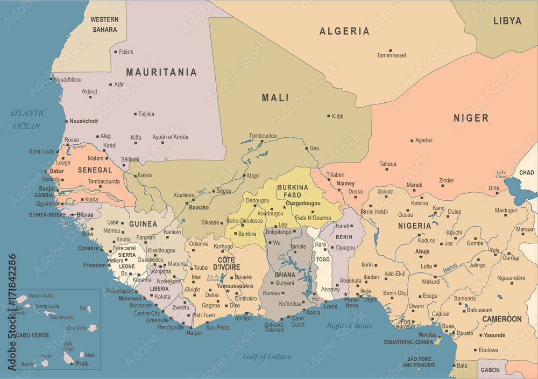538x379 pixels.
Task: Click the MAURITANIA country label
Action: (161, 72)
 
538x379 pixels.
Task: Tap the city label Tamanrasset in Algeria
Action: (391, 55)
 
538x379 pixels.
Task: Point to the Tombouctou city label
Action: (263, 136)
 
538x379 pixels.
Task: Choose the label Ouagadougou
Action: (303, 203)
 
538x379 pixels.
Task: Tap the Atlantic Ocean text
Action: (27, 120)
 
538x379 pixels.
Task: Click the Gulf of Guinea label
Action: (267, 356)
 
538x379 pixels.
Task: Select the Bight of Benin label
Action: (350, 325)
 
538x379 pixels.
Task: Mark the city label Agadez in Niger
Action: (424, 140)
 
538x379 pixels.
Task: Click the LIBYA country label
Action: (507, 21)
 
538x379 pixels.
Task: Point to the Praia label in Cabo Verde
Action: (82, 364)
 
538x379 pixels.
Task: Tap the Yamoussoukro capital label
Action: (235, 286)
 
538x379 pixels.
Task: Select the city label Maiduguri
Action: (506, 209)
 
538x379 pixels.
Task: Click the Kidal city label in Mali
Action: (337, 116)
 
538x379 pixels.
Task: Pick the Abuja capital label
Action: (422, 251)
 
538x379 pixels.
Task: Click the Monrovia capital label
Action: (130, 298)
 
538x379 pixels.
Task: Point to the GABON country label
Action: (490, 370)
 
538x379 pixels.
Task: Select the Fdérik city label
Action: (126, 52)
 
